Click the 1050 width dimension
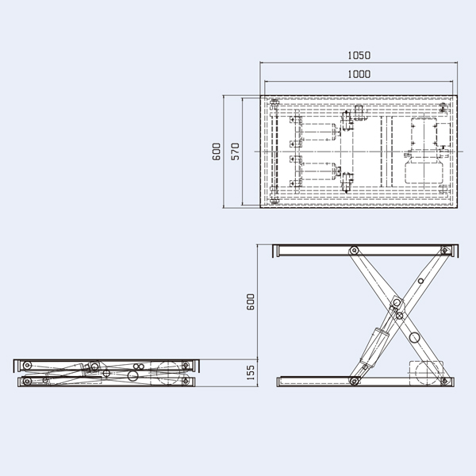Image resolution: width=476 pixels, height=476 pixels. [x=359, y=56]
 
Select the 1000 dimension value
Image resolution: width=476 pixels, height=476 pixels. [x=359, y=74]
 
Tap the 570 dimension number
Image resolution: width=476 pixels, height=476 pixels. [x=235, y=152]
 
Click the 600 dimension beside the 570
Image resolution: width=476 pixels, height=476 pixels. [x=217, y=152]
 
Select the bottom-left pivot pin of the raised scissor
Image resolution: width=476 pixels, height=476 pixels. [x=355, y=381]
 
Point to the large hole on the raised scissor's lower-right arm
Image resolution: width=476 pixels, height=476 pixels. [x=413, y=337]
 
